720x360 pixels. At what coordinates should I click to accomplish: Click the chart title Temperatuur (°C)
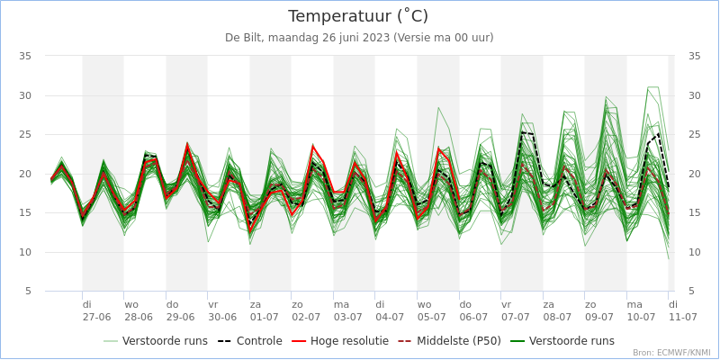point(358,16)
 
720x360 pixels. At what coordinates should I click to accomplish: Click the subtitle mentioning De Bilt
point(358,38)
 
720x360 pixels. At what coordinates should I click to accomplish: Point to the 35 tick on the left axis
point(25,56)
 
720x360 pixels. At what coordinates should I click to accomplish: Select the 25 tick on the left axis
point(25,134)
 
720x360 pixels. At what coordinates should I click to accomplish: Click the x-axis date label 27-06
point(96,317)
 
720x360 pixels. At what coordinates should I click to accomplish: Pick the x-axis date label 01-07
point(264,317)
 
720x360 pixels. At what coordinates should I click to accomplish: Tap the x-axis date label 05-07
point(431,317)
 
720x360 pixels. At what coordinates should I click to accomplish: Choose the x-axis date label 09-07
point(598,317)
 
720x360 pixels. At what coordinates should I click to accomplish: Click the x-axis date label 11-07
point(682,317)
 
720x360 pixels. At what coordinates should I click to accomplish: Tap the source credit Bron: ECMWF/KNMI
point(670,353)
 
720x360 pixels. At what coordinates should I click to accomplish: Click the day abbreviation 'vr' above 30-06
point(213,304)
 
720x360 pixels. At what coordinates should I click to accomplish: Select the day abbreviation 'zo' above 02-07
point(297,304)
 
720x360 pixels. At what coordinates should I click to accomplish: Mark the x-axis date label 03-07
point(347,317)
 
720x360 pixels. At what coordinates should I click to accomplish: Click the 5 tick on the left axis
point(28,292)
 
